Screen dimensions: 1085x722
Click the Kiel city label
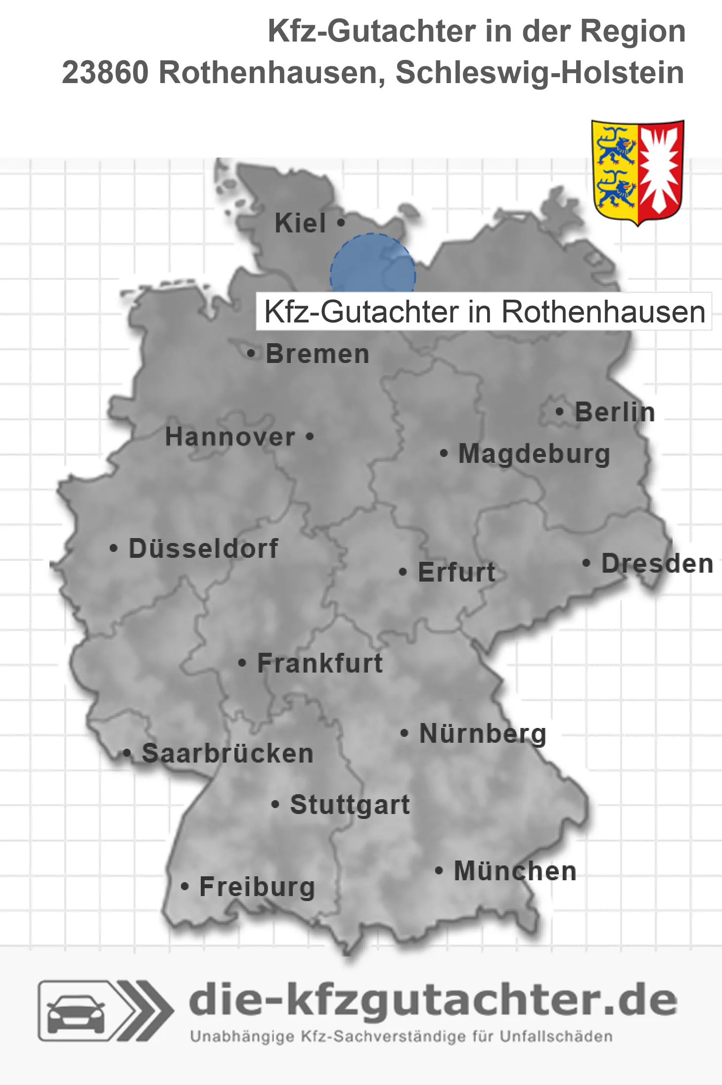pos(300,223)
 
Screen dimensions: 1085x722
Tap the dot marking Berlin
pos(559,411)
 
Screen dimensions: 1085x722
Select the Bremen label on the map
pos(317,354)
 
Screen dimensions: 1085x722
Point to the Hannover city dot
pos(310,437)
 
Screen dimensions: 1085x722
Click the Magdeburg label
pos(534,454)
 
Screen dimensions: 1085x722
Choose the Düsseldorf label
pos(203,548)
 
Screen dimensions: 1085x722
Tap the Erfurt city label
pos(456,572)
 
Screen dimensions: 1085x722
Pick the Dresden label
pos(657,564)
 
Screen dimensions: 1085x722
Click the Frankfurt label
pos(320,663)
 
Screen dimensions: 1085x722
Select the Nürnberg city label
pos(483,734)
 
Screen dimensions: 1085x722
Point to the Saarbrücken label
pos(227,754)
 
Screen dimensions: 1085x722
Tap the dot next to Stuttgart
pos(275,805)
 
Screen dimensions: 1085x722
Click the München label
pos(515,871)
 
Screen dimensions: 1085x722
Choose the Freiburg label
pos(257,887)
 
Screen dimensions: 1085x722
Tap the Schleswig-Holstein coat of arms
pos(637,172)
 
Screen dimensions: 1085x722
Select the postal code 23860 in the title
pos(105,73)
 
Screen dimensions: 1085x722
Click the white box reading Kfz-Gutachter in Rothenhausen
pos(484,312)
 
